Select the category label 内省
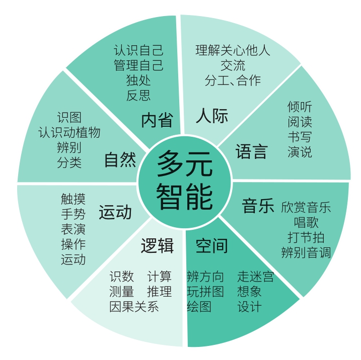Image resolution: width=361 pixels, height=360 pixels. coord(157,120)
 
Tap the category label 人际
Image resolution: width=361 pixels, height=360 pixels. coord(211,116)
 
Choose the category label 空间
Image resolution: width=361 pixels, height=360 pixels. coord(211,245)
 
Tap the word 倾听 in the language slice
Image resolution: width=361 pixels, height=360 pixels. coord(300,107)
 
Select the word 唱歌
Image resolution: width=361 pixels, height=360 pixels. coord(306,222)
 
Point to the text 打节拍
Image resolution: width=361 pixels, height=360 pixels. coord(306,237)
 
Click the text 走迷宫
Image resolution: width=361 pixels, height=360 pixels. coord(256,276)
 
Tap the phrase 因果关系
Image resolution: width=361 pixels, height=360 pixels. coord(134,306)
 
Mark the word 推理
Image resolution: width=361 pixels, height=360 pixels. coord(160,291)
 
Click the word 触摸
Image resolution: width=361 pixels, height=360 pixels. coord(74,199)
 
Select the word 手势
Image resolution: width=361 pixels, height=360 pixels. coord(74,214)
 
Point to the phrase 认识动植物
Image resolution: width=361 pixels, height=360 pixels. coord(69,132)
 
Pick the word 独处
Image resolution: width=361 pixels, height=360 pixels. coord(138,80)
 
